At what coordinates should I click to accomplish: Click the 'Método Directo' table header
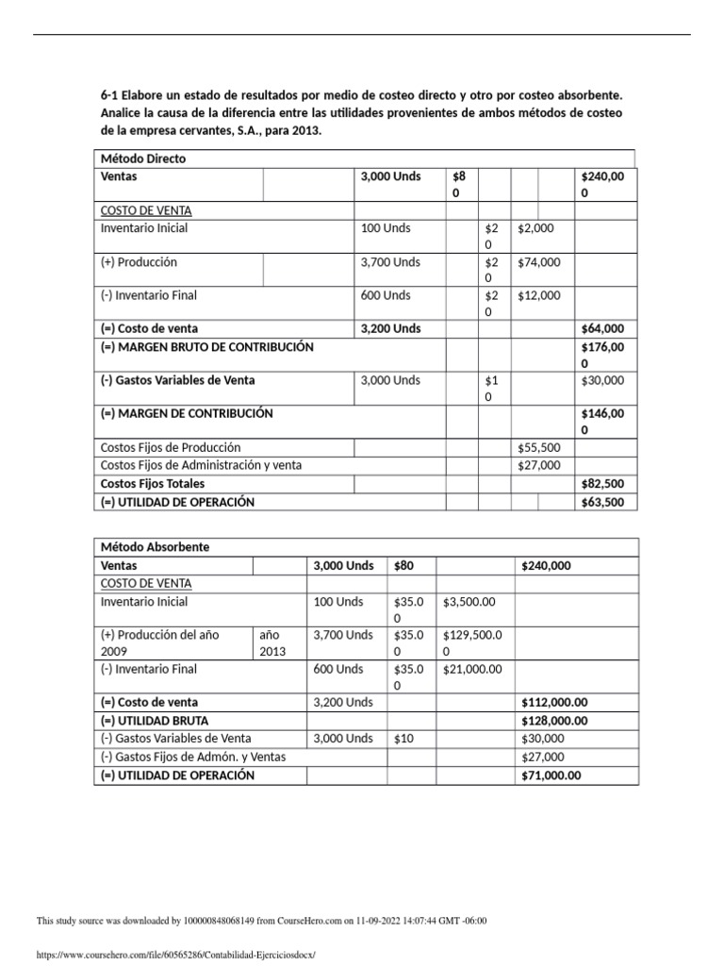[x=143, y=158]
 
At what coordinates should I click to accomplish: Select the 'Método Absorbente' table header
[x=155, y=547]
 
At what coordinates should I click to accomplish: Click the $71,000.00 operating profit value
[x=551, y=775]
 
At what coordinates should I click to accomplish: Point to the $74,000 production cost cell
[x=538, y=262]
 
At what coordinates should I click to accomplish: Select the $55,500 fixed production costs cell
[x=538, y=447]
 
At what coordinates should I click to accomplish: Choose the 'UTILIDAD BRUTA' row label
[x=155, y=721]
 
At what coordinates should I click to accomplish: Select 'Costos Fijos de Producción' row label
[x=171, y=447]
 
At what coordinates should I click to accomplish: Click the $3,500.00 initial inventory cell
[x=470, y=602]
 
